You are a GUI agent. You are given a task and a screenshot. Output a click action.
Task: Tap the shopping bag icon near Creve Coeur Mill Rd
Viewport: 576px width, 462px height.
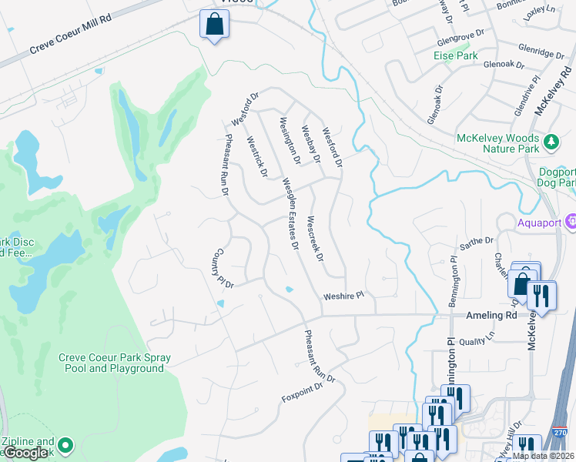point(214,24)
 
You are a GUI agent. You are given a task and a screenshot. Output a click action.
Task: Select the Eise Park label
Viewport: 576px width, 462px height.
point(455,55)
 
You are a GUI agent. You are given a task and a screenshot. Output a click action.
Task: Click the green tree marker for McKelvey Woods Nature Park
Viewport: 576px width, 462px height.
point(551,142)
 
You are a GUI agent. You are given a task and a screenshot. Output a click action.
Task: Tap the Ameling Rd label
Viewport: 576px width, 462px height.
point(489,316)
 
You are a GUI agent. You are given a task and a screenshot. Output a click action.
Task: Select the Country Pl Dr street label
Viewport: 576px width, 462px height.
point(223,268)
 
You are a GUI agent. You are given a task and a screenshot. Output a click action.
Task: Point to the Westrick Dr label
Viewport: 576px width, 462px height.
point(256,157)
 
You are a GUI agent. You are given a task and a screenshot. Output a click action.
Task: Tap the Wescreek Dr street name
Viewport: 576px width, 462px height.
point(314,238)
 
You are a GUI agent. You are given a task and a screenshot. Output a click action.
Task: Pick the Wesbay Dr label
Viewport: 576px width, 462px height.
point(310,145)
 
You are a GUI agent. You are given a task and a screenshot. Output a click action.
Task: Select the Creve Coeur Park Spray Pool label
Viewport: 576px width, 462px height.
point(115,363)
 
